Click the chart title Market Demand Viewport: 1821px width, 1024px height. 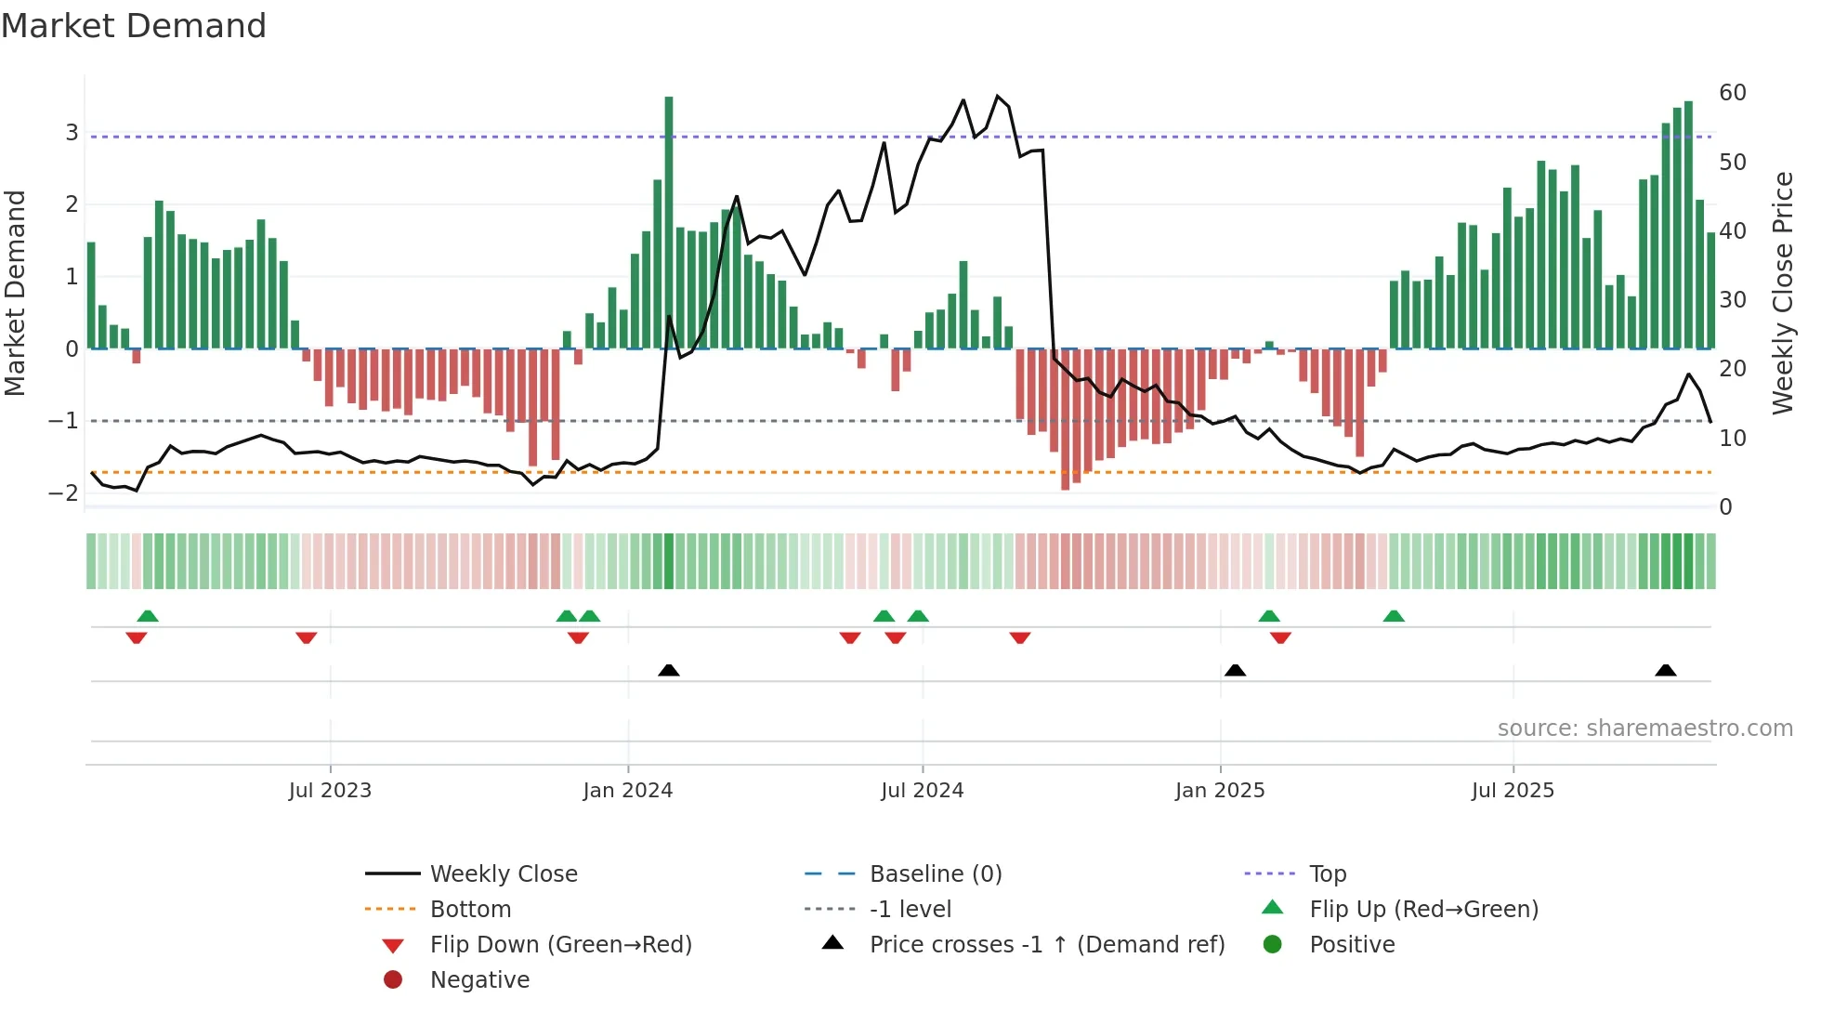[x=134, y=26]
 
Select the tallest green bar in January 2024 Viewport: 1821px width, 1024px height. [x=669, y=223]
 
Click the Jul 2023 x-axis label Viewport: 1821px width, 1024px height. [x=330, y=791]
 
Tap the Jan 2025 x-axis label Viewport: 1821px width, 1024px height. [x=1220, y=791]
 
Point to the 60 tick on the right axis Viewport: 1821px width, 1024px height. [x=1732, y=93]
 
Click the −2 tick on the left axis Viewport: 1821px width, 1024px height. [x=64, y=493]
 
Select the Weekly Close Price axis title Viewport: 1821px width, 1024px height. [x=1782, y=293]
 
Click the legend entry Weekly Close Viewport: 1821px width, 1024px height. [x=504, y=874]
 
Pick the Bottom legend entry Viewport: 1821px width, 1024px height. [x=470, y=910]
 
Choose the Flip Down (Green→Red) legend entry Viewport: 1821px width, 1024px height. [x=560, y=945]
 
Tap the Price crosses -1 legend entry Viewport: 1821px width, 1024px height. [x=1047, y=945]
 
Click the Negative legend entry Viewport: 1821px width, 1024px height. [x=479, y=980]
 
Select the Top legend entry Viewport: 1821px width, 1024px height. [x=1328, y=874]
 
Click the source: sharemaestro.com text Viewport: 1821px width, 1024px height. [x=1644, y=729]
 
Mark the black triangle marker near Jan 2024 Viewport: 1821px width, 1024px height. [x=669, y=670]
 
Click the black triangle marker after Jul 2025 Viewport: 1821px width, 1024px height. [x=1666, y=670]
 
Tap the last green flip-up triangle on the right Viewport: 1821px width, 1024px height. [x=1394, y=616]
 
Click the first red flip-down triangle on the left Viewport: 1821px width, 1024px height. [x=137, y=637]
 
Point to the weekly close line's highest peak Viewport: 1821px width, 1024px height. [x=998, y=96]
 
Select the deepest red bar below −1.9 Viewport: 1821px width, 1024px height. [x=1066, y=418]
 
